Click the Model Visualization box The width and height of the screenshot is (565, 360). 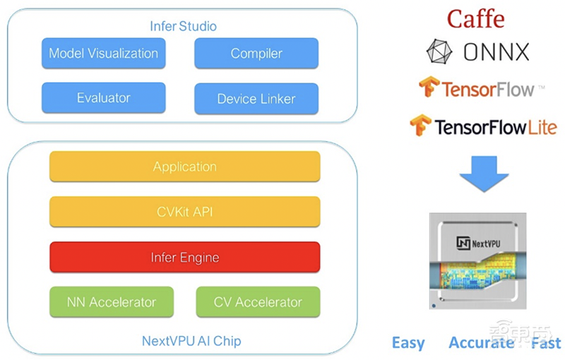[x=103, y=54]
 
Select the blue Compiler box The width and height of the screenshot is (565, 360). [x=256, y=54]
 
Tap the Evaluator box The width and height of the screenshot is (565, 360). [x=103, y=98]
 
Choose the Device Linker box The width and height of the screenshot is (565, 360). [x=256, y=99]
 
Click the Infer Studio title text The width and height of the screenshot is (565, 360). [x=183, y=27]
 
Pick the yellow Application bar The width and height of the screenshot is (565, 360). [x=184, y=167]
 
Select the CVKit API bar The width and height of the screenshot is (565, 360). [x=184, y=212]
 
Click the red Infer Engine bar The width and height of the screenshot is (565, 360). [x=184, y=257]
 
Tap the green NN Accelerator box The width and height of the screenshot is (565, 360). [x=111, y=301]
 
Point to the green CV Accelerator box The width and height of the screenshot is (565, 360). [x=257, y=301]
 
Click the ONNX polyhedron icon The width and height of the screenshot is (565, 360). [x=439, y=52]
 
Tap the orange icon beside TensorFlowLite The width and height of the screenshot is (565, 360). [x=421, y=126]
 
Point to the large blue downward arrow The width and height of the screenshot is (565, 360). [x=484, y=172]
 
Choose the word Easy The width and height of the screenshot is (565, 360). [x=408, y=344]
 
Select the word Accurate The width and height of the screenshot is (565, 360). [x=481, y=343]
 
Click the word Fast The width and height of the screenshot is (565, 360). [x=545, y=344]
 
